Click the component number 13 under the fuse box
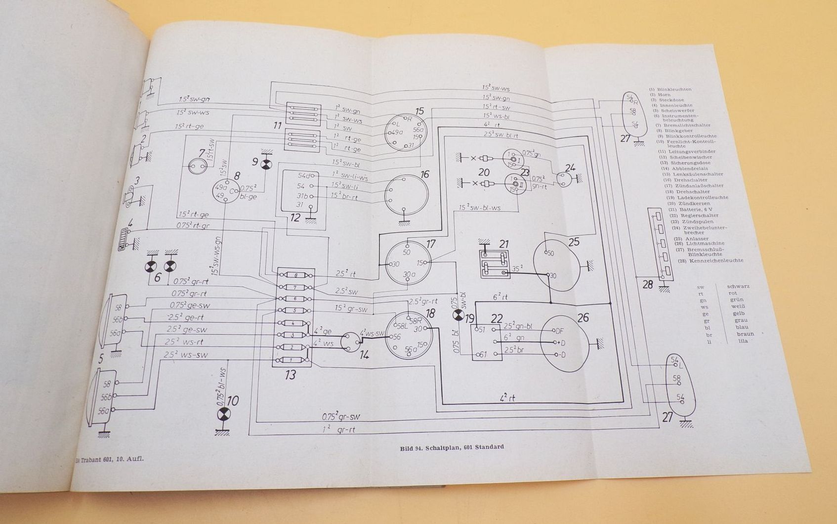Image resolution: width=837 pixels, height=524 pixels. click(290, 375)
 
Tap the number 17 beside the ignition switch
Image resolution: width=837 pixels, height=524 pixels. click(431, 243)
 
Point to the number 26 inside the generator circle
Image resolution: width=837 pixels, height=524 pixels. click(583, 317)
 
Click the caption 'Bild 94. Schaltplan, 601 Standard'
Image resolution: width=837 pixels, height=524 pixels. click(452, 447)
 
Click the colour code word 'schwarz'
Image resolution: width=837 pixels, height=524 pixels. click(738, 286)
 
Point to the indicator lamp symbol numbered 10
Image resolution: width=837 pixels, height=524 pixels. click(224, 414)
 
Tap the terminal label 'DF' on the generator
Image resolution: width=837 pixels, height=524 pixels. click(559, 331)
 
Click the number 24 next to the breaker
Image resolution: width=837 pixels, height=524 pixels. click(570, 168)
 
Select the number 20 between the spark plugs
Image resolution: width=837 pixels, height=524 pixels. click(484, 172)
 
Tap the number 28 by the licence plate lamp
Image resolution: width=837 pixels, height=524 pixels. click(647, 284)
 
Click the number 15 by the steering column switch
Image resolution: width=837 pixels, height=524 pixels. click(419, 111)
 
